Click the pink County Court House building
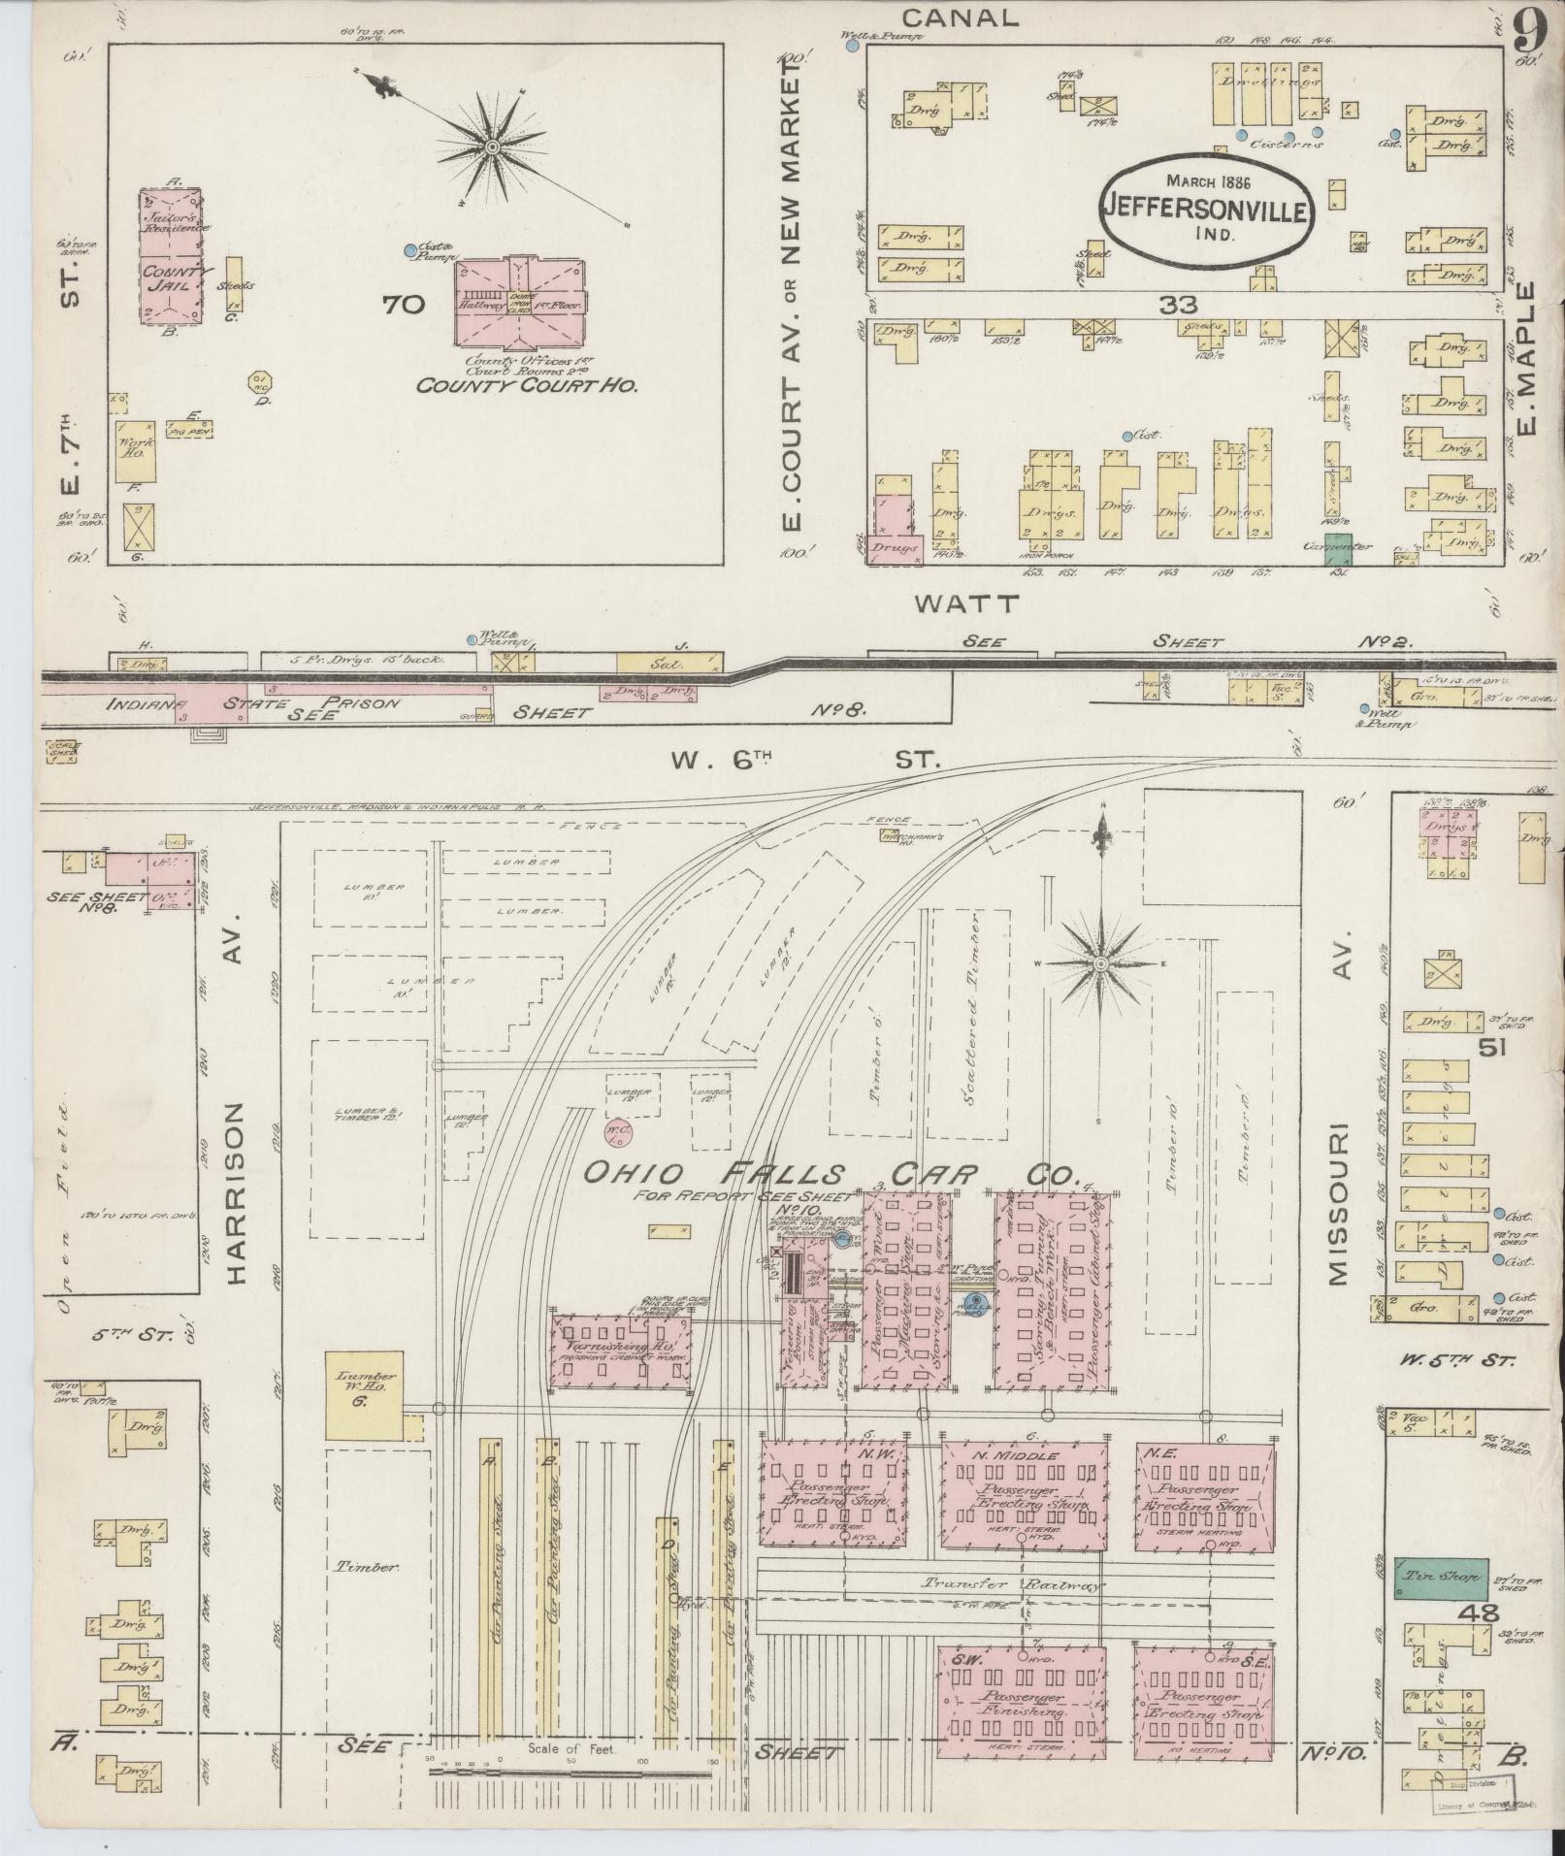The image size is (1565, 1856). (522, 304)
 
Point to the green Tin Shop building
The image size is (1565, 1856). (1441, 1579)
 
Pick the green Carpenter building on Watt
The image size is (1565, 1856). (1339, 548)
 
